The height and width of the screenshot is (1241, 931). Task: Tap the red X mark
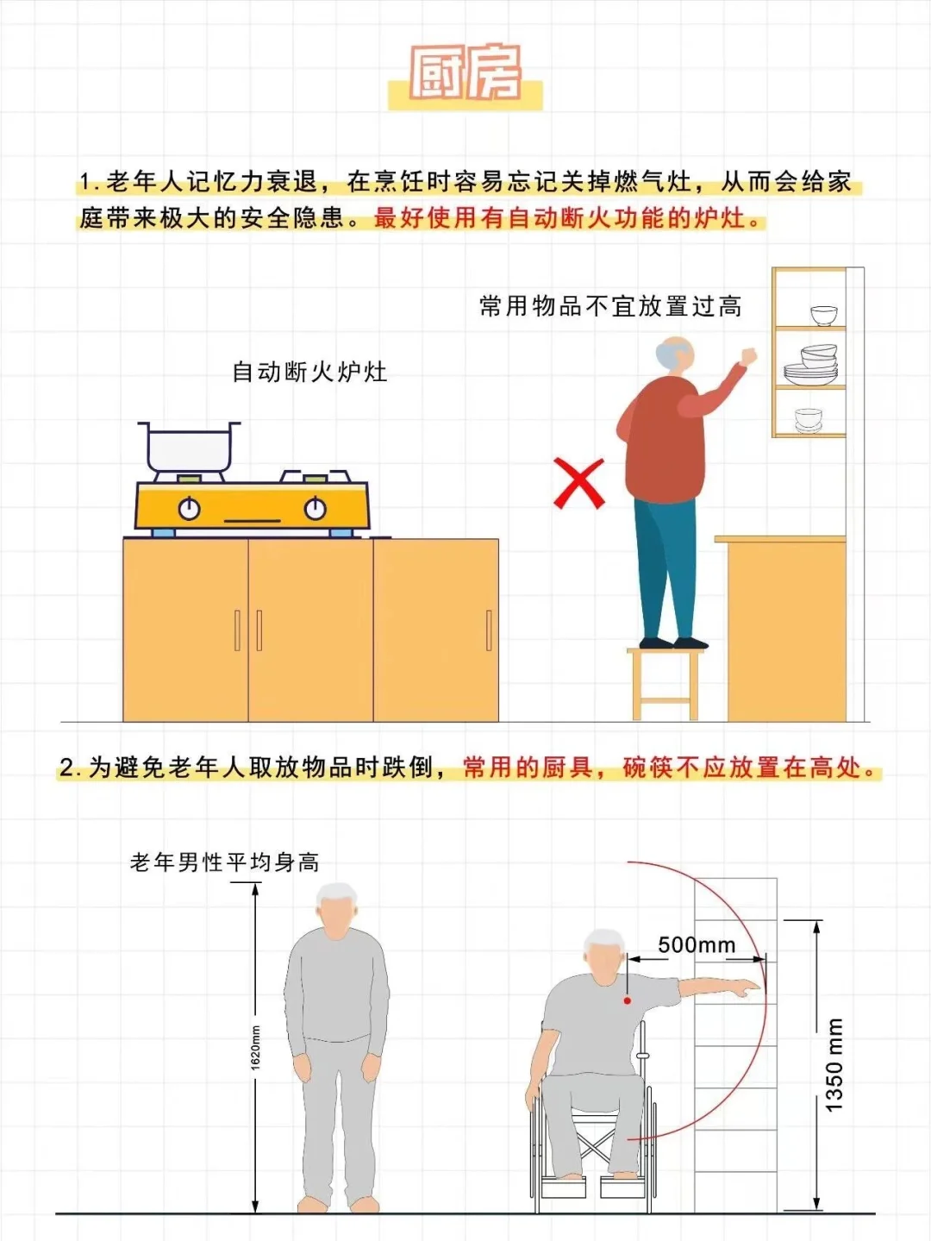click(x=578, y=483)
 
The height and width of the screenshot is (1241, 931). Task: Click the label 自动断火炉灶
click(x=309, y=373)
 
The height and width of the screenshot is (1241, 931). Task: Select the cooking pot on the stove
click(x=190, y=447)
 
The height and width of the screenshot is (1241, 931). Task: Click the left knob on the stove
click(x=190, y=509)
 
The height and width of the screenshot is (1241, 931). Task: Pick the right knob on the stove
click(x=316, y=509)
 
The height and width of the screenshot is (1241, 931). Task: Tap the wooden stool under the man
click(x=665, y=681)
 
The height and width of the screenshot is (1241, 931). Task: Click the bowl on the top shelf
click(x=823, y=315)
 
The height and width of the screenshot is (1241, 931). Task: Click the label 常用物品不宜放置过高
click(x=610, y=306)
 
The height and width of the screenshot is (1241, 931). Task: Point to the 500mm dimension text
click(x=697, y=945)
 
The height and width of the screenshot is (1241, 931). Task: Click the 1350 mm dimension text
click(x=834, y=1064)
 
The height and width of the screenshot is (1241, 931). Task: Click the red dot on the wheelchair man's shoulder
click(x=628, y=1000)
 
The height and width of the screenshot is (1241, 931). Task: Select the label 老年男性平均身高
click(x=224, y=862)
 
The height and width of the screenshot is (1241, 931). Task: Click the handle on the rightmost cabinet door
click(x=489, y=630)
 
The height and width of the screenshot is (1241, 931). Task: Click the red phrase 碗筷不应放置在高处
click(x=750, y=767)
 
